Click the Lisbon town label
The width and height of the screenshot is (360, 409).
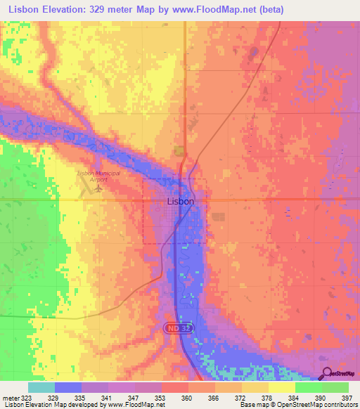point(181,201)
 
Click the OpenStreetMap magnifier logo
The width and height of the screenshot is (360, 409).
point(328,375)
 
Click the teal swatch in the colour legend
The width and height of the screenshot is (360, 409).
point(41,387)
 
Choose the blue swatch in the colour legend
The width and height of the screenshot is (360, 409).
point(67,387)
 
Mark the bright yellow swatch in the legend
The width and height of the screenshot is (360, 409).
point(281,387)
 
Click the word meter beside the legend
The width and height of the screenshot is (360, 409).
point(11,397)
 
